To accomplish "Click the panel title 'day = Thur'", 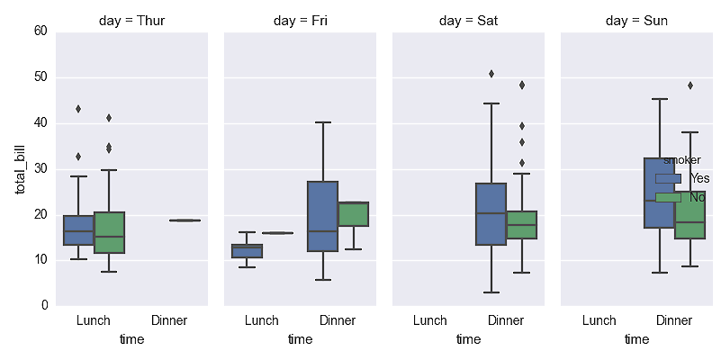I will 131,20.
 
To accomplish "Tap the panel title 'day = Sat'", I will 468,20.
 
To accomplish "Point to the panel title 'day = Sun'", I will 636,20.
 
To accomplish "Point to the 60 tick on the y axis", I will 41,31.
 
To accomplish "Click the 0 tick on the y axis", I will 44,306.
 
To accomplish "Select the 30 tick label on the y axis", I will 41,169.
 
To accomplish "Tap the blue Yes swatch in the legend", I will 668,178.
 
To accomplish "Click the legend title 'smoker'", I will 681,160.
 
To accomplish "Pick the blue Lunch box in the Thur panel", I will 78,230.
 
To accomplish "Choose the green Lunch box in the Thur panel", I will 109,232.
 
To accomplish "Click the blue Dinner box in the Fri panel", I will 322,216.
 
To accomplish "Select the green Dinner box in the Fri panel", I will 353,214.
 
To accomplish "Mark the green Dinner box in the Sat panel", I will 521,225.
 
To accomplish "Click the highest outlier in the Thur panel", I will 78,109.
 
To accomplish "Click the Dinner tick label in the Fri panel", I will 338,320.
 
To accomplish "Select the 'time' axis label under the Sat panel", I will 468,339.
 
